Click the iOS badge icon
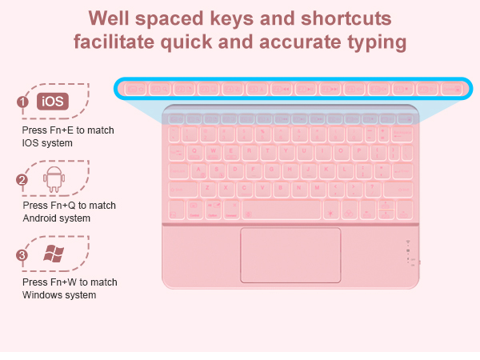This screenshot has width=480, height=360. coord(53,102)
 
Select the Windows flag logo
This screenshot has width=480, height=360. coord(54,254)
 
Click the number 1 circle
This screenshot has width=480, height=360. coord(23,102)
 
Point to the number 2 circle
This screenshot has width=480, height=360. coord(23,180)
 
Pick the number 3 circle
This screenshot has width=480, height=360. coord(23,256)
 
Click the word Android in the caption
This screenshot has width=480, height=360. coord(40,218)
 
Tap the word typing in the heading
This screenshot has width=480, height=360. coord(375,42)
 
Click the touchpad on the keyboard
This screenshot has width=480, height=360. coord(290,254)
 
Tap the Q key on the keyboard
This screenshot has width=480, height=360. coord(195,150)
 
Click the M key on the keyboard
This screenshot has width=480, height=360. coord(317,189)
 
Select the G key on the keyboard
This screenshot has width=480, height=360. coord(273,170)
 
